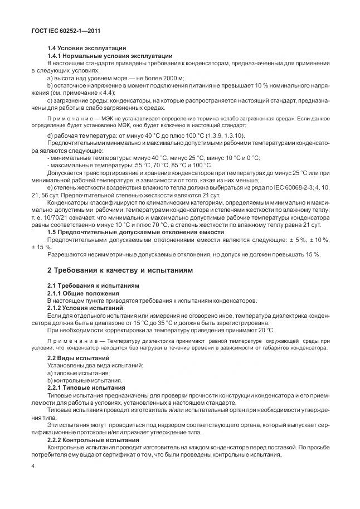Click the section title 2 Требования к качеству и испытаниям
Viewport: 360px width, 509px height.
pyautogui.click(x=120, y=270)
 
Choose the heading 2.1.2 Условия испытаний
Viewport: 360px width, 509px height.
pyautogui.click(x=86, y=307)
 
